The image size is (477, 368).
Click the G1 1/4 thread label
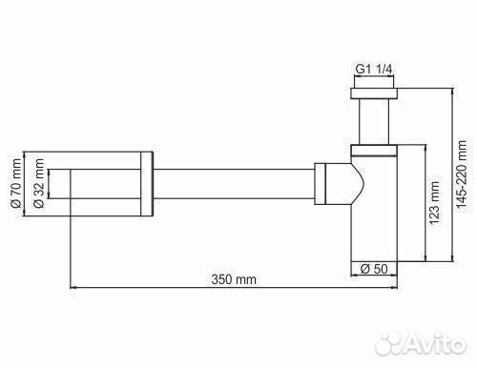[374, 69]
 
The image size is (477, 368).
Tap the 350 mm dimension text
[234, 279]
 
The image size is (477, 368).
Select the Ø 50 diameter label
[374, 269]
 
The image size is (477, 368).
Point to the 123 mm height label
[434, 203]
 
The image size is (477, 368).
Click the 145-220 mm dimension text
[462, 174]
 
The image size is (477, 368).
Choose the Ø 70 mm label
[16, 183]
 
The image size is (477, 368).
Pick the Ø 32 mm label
[39, 183]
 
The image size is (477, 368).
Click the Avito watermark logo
[421, 344]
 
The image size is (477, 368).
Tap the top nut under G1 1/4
[374, 93]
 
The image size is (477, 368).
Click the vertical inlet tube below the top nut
[374, 122]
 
